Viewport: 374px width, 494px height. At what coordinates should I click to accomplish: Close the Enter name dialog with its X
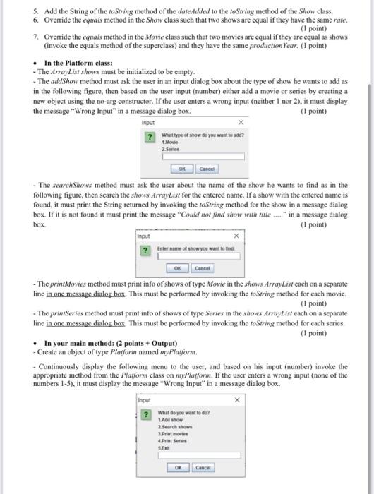coord(237,236)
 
